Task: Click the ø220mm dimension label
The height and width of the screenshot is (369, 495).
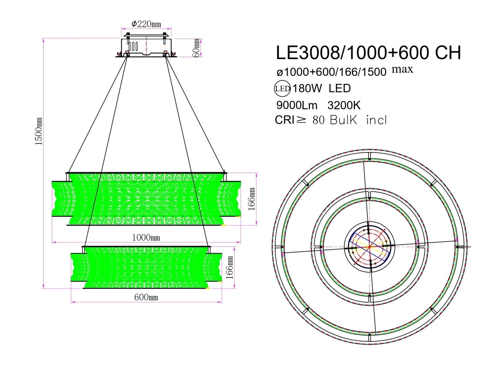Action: click(x=146, y=24)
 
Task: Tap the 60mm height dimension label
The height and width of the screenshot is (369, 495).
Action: click(x=196, y=47)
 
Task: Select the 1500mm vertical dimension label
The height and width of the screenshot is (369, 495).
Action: click(x=38, y=131)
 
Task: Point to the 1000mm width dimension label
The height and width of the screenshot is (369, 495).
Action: click(x=146, y=237)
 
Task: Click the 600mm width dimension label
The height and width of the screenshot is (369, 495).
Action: click(x=146, y=297)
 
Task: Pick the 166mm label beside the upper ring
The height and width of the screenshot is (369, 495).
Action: click(x=252, y=199)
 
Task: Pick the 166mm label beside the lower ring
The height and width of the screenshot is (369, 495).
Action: click(x=230, y=268)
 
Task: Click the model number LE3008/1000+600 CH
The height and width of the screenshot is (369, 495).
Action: click(x=368, y=53)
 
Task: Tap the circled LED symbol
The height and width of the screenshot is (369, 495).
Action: click(x=283, y=89)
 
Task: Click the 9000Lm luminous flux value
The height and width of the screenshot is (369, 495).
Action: click(x=297, y=105)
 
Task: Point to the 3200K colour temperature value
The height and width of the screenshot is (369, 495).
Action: click(x=344, y=105)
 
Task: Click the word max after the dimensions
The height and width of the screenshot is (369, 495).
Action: click(x=402, y=69)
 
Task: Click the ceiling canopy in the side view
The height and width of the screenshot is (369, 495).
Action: click(x=146, y=48)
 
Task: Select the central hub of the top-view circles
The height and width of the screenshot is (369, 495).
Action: click(x=369, y=247)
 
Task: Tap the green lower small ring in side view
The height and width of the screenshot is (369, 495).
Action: click(x=146, y=267)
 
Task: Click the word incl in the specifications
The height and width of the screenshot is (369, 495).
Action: click(x=376, y=120)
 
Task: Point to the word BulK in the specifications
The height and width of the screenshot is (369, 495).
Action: click(x=344, y=120)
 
